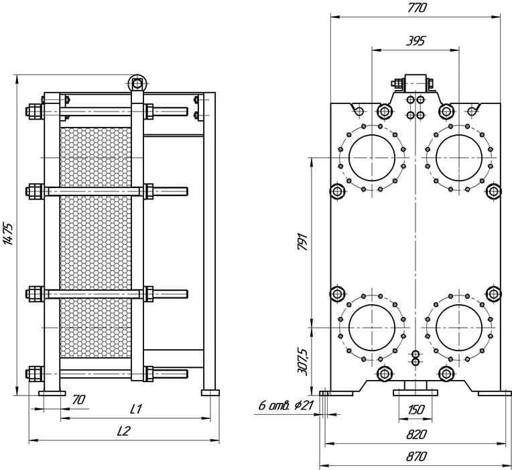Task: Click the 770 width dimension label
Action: tap(417, 8)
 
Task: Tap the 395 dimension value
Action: tap(415, 41)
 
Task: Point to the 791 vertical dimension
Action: tap(303, 242)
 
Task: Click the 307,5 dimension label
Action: tap(303, 362)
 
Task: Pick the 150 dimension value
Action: tap(416, 409)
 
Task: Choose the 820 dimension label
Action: tap(416, 434)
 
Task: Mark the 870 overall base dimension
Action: tap(416, 457)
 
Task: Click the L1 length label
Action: tap(136, 409)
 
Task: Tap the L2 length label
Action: tap(124, 431)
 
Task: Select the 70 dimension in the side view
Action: tap(78, 399)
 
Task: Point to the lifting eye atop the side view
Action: tap(137, 84)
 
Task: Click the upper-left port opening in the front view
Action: tap(372, 158)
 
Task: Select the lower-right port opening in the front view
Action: tap(459, 328)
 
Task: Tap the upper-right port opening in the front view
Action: tap(459, 158)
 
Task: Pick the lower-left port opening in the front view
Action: tap(372, 328)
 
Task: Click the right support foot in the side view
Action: tap(210, 393)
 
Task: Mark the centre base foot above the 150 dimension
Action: tap(415, 393)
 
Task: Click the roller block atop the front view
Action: tap(415, 83)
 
